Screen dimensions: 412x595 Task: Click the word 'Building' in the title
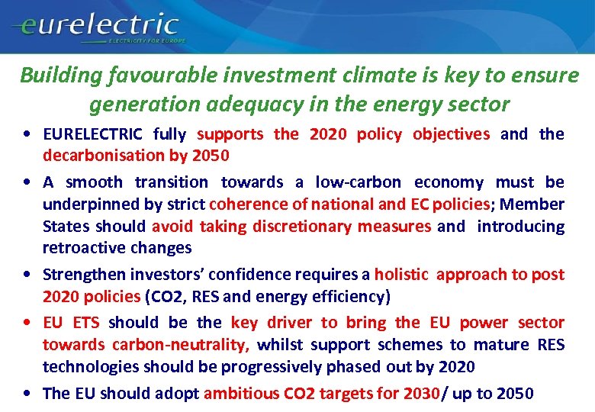coord(52,76)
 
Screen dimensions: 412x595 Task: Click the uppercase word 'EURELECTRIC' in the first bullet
coord(92,134)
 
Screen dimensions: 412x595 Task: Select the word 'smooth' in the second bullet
coord(94,182)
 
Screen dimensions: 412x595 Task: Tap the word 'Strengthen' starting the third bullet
coord(82,275)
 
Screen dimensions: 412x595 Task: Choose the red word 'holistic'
coord(401,275)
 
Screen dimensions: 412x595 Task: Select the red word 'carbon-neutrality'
coord(146,345)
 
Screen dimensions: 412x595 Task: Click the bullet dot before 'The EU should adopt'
coord(28,394)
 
